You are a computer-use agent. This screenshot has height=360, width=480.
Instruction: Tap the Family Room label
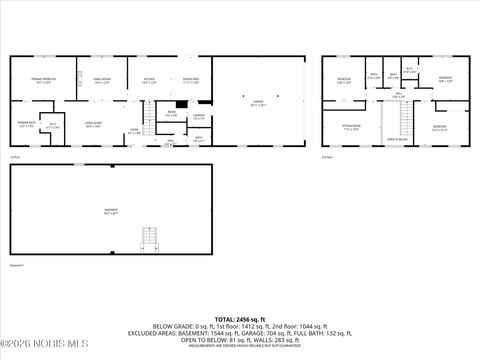click(x=101, y=80)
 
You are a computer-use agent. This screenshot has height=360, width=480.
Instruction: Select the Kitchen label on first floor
click(x=148, y=80)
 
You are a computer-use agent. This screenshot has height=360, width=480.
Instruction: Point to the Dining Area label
click(x=191, y=80)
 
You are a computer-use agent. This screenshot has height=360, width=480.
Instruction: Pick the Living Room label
click(x=94, y=125)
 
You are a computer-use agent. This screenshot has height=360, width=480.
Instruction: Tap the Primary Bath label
click(x=27, y=125)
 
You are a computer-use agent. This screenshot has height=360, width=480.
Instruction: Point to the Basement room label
click(x=111, y=211)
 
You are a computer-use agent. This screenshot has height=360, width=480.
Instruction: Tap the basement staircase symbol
click(x=149, y=241)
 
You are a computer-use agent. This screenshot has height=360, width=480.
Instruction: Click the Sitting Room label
click(x=352, y=127)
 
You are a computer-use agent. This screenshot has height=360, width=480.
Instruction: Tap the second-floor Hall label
click(x=397, y=95)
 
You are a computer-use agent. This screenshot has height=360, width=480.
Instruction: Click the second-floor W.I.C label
click(x=409, y=70)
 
